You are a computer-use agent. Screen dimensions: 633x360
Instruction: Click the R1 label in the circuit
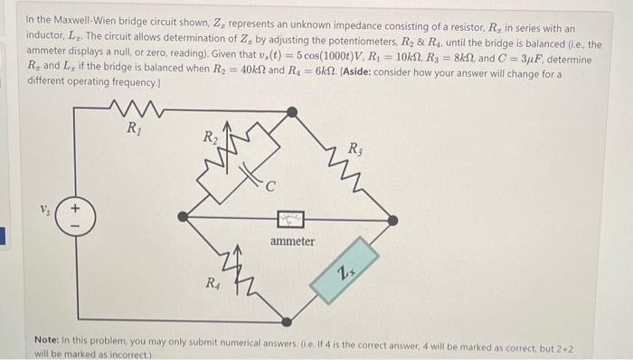click(134, 126)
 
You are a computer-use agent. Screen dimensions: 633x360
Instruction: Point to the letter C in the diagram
click(271, 187)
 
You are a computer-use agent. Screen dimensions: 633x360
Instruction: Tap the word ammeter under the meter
click(293, 242)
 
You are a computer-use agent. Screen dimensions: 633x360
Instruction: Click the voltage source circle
click(75, 220)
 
